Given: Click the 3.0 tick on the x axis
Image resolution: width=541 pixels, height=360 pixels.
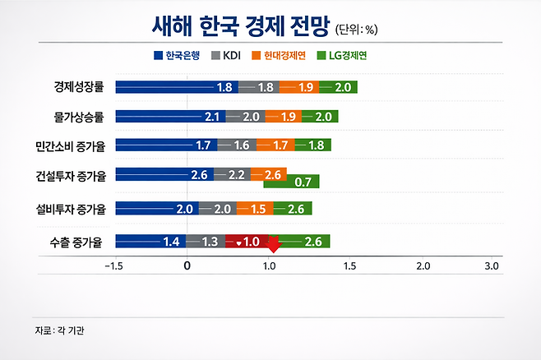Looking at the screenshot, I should click(491, 266).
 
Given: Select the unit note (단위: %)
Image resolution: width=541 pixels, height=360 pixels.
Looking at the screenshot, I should click(356, 30).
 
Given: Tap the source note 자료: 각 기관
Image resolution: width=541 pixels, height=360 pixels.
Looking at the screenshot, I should click(60, 330).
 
